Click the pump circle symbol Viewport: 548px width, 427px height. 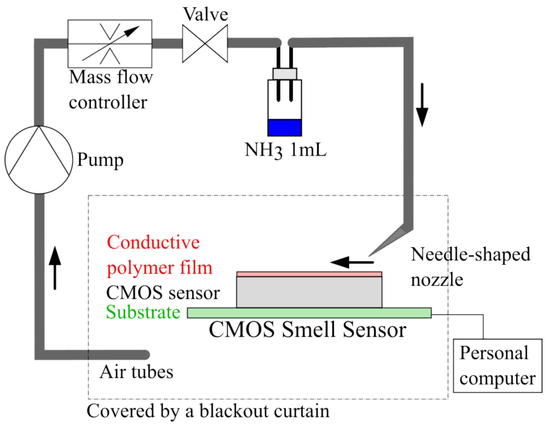coord(39,160)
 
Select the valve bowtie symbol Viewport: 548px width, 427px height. coord(205,43)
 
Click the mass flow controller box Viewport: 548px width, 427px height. coord(110,44)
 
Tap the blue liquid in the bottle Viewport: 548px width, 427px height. coord(284,127)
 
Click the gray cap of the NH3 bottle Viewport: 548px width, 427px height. coord(284,74)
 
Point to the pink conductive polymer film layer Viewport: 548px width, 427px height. coord(309,274)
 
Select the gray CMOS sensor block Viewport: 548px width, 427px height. coord(309,292)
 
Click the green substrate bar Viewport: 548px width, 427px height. coord(309,313)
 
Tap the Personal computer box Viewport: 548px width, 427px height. coord(497,365)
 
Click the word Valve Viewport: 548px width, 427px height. coord(206,14)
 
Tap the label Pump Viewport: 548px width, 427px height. coord(100,160)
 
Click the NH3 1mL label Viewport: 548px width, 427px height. coord(285,150)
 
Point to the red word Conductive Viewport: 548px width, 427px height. coord(153,242)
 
